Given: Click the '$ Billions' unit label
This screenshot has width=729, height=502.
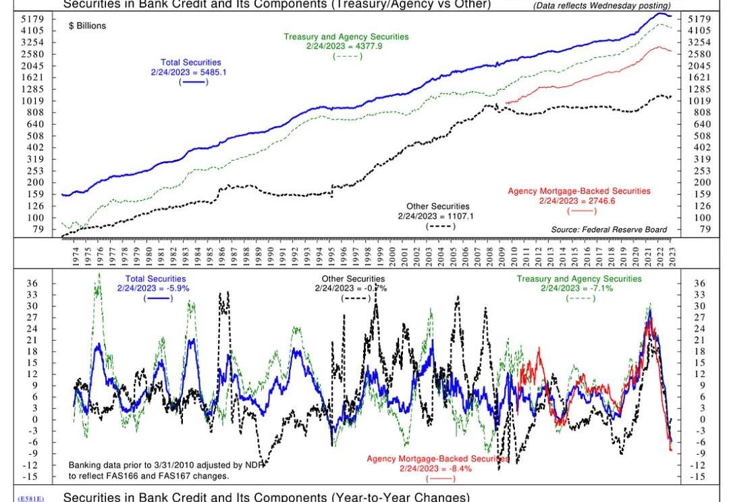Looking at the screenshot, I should pos(88,26).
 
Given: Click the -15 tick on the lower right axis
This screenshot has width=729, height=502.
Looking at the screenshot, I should pos(699,476).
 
